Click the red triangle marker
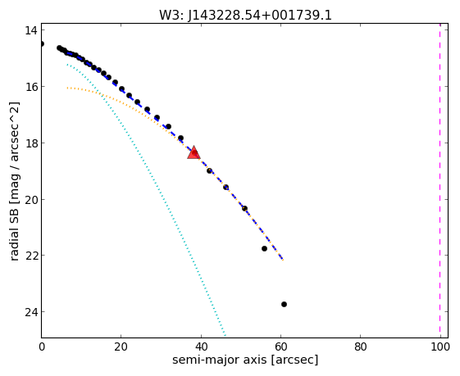(194, 152)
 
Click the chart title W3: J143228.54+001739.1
(245, 15)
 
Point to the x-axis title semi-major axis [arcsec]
(245, 360)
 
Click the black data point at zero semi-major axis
(42, 44)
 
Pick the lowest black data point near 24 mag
(284, 304)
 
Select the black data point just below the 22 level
(264, 248)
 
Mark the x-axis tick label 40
(201, 347)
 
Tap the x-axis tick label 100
(440, 347)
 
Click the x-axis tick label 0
(42, 347)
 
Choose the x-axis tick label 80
(360, 347)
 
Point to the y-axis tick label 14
(31, 30)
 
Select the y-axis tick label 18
(31, 143)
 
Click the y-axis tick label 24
(31, 312)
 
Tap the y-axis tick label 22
(31, 256)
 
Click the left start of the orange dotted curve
(67, 88)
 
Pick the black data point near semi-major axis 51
(244, 208)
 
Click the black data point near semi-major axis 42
(209, 170)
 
